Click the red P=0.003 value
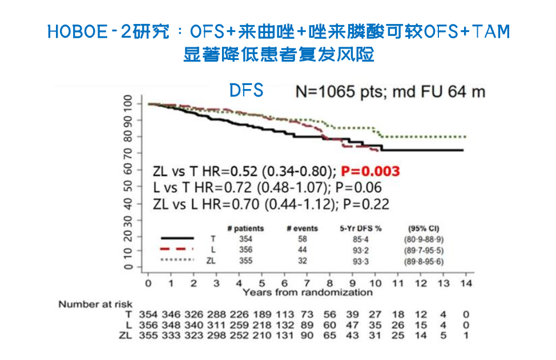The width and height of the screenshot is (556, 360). coord(370,171)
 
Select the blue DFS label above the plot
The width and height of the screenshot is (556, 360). coord(246,90)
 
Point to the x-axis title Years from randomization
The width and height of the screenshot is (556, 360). coord(307,292)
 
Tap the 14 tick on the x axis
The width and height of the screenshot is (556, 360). coord(467,283)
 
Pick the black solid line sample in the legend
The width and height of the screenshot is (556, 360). coord(178,238)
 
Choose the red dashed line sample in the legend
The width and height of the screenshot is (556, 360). coord(178,249)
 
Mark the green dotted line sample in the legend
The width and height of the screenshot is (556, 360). coord(178,260)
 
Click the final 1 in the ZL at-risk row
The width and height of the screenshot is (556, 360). coord(467,335)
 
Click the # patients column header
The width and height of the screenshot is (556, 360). coord(245,228)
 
